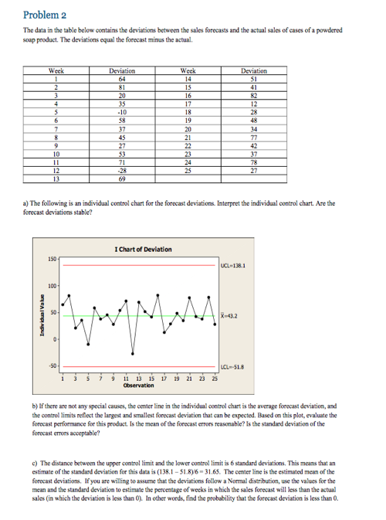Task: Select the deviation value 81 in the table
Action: click(123, 87)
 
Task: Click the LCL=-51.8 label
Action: click(232, 366)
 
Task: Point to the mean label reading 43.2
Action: click(231, 315)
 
